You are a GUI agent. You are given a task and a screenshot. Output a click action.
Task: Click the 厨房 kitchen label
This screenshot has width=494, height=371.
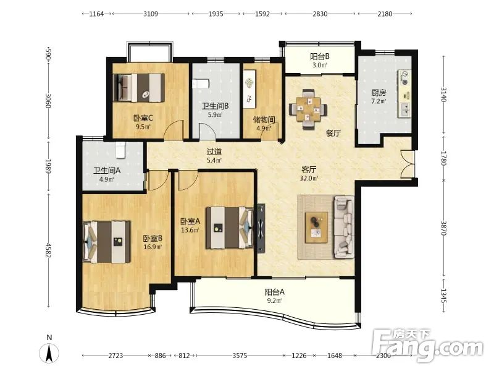coord(379,92)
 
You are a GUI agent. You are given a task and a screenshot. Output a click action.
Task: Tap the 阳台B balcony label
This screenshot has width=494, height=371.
coord(320,56)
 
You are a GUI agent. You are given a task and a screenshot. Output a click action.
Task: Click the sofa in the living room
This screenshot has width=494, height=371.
coord(344,227)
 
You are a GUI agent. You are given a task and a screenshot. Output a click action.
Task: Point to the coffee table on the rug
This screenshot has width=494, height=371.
coord(317,228)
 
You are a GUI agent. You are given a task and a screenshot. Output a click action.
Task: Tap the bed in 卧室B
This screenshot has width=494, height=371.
coord(107,242)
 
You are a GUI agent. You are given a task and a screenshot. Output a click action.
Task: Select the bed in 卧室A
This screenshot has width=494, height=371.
coord(230,228)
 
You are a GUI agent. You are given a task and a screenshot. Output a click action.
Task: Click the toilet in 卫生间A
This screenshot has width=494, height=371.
coord(120,150)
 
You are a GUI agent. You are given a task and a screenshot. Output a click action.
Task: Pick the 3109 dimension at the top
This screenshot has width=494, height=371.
coord(151,14)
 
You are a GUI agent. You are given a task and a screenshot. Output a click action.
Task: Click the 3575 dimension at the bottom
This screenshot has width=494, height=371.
coord(240,356)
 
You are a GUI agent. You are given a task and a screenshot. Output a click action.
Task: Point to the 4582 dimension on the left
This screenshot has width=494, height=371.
coord(48,250)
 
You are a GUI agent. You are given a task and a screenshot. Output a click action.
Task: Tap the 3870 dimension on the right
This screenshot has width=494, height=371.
coord(444,228)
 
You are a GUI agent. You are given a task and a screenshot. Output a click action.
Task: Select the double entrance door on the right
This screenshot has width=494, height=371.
coord(407,164)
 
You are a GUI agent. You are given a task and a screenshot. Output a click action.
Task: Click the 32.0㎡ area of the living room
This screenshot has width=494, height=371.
coord(309,178)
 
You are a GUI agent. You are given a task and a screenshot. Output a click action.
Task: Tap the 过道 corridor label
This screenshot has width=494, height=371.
coord(214,151)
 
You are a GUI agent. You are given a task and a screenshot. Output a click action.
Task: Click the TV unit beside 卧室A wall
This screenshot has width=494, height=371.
coord(261,228)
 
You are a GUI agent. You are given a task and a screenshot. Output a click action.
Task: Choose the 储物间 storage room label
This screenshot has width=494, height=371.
coord(264,120)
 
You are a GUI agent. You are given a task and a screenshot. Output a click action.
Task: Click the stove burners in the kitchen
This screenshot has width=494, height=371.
coord(404,79)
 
